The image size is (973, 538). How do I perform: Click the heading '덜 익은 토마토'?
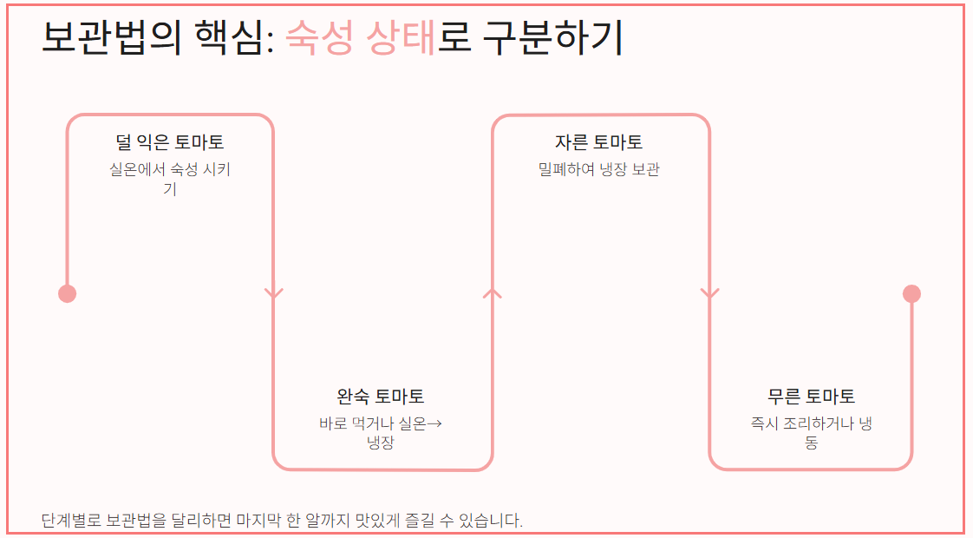(x=169, y=142)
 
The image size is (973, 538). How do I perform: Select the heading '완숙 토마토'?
(x=381, y=397)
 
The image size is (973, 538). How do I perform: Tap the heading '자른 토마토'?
(x=599, y=142)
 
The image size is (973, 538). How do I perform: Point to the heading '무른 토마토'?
(x=811, y=397)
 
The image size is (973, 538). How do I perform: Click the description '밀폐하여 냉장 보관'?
(x=599, y=169)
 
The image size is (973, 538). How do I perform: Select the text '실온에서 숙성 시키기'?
(x=170, y=178)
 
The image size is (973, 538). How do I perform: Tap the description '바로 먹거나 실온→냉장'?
(x=381, y=433)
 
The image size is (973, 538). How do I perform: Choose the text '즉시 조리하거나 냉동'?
(x=811, y=433)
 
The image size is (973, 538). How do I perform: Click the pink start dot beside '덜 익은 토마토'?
(x=67, y=294)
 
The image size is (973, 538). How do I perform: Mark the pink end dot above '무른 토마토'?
(x=911, y=294)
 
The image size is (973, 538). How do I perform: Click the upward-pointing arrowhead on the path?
(x=492, y=292)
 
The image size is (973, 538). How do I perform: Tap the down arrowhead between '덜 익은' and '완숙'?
(x=274, y=294)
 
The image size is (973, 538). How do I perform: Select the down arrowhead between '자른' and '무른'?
(x=710, y=294)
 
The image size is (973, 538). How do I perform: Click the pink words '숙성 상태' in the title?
(x=361, y=37)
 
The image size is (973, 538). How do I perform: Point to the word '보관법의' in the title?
(x=112, y=37)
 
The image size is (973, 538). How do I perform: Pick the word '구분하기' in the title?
(x=552, y=37)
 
